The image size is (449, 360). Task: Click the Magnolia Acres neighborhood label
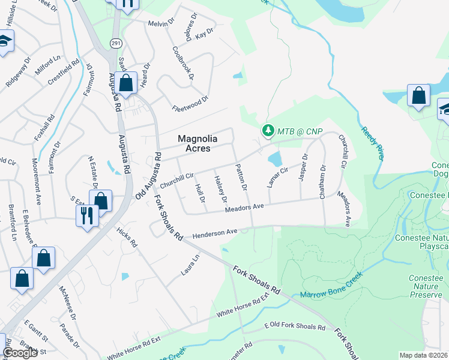pos(197,143)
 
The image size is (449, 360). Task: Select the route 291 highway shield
pos(115,43)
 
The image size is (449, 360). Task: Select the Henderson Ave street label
pos(215,233)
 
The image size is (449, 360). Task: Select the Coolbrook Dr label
pos(183,63)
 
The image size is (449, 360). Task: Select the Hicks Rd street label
pos(127,236)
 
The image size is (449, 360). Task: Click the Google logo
pos(20,353)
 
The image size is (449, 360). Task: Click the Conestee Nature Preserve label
pos(427,287)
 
